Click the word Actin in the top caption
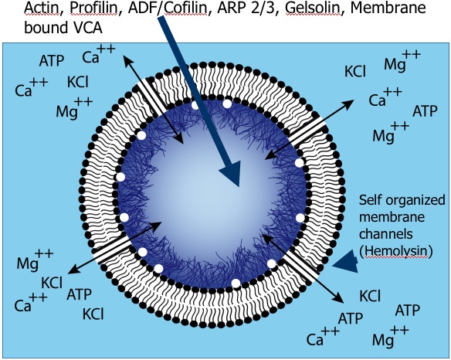(x=42, y=8)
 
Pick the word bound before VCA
(x=44, y=28)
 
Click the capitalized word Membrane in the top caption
(x=388, y=8)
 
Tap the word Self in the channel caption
(x=370, y=200)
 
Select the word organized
(x=415, y=201)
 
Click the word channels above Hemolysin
(x=385, y=234)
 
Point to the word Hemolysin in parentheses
(x=396, y=251)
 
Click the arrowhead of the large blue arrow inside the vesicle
(x=231, y=173)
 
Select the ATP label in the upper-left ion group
(x=52, y=61)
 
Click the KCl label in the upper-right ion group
(x=355, y=71)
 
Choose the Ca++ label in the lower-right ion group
(x=323, y=336)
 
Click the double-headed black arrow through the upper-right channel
(x=310, y=129)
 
